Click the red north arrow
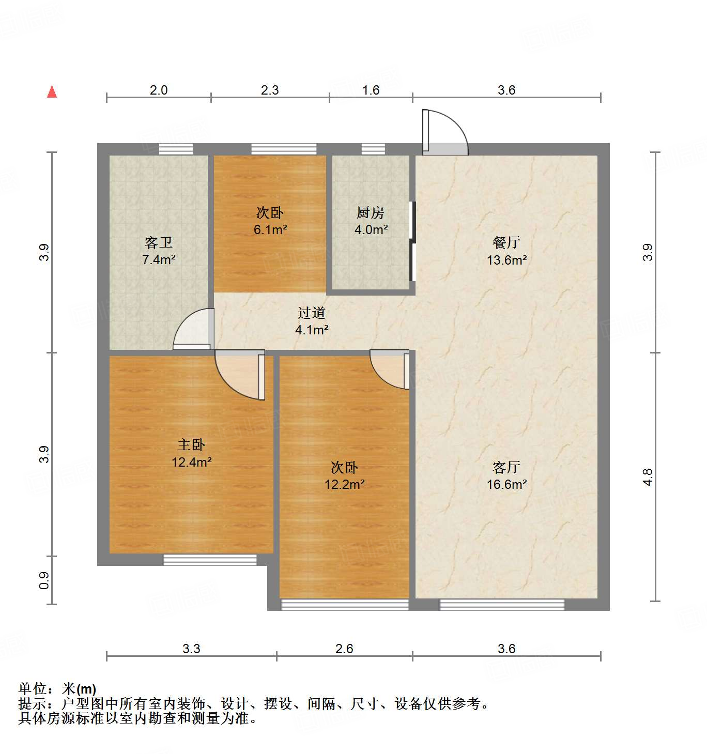pyautogui.click(x=52, y=91)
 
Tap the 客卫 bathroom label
pyautogui.click(x=159, y=242)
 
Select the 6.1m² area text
pyautogui.click(x=270, y=229)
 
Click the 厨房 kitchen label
pyautogui.click(x=371, y=212)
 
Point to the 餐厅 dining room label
pyautogui.click(x=506, y=242)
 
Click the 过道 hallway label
pyautogui.click(x=312, y=313)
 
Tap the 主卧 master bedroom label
pyautogui.click(x=191, y=444)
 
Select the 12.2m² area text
pyautogui.click(x=344, y=484)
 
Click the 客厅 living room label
pyautogui.click(x=506, y=467)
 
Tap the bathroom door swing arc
pyautogui.click(x=192, y=328)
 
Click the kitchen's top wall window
pyautogui.click(x=373, y=149)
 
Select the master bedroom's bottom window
pyautogui.click(x=210, y=560)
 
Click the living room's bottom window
pyautogui.click(x=501, y=604)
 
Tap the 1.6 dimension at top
pyautogui.click(x=371, y=90)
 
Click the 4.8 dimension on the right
pyautogui.click(x=648, y=476)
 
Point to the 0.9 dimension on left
pyautogui.click(x=44, y=580)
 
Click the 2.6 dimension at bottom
pyautogui.click(x=344, y=649)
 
